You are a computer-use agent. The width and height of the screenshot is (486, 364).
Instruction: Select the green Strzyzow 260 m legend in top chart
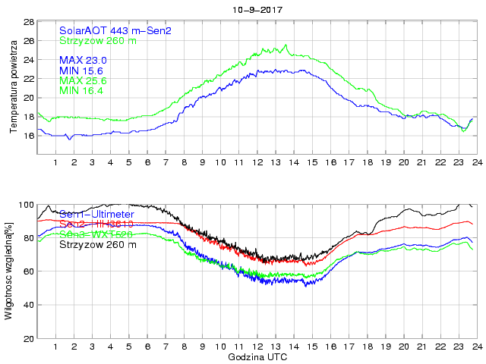98,40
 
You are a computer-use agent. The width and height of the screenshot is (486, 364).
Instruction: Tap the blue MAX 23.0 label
83,60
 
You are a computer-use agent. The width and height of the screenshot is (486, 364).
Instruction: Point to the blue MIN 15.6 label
81,71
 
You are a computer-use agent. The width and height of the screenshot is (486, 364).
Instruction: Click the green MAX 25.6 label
83,80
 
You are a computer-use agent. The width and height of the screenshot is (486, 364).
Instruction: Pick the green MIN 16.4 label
81,91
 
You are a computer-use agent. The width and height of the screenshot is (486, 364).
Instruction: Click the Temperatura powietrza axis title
13,88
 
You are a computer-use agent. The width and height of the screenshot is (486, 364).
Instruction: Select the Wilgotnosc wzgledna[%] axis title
8,271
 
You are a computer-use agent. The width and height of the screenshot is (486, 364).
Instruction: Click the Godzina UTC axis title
257,356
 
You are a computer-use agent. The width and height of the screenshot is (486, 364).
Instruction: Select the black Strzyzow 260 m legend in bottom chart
98,245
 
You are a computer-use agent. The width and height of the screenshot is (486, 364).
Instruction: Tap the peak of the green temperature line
286,45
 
